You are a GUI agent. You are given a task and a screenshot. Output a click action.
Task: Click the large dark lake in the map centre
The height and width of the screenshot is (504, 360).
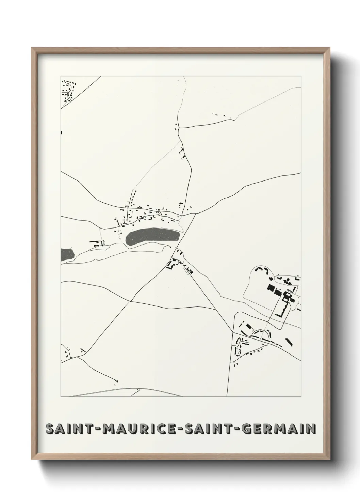pos(152,236)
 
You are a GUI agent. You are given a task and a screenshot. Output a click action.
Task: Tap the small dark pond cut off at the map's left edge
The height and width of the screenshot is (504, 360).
pos(67,255)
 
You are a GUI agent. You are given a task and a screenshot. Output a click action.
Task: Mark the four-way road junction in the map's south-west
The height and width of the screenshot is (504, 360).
pos(130,301)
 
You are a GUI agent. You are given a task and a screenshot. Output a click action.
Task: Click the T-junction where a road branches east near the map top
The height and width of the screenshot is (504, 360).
pos(179,128)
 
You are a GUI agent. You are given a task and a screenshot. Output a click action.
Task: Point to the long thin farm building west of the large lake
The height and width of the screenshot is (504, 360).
pos(94,242)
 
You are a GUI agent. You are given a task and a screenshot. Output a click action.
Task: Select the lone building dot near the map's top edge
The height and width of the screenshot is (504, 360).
pos(178,81)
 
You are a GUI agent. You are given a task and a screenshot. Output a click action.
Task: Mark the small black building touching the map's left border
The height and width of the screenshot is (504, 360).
pos(62,132)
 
